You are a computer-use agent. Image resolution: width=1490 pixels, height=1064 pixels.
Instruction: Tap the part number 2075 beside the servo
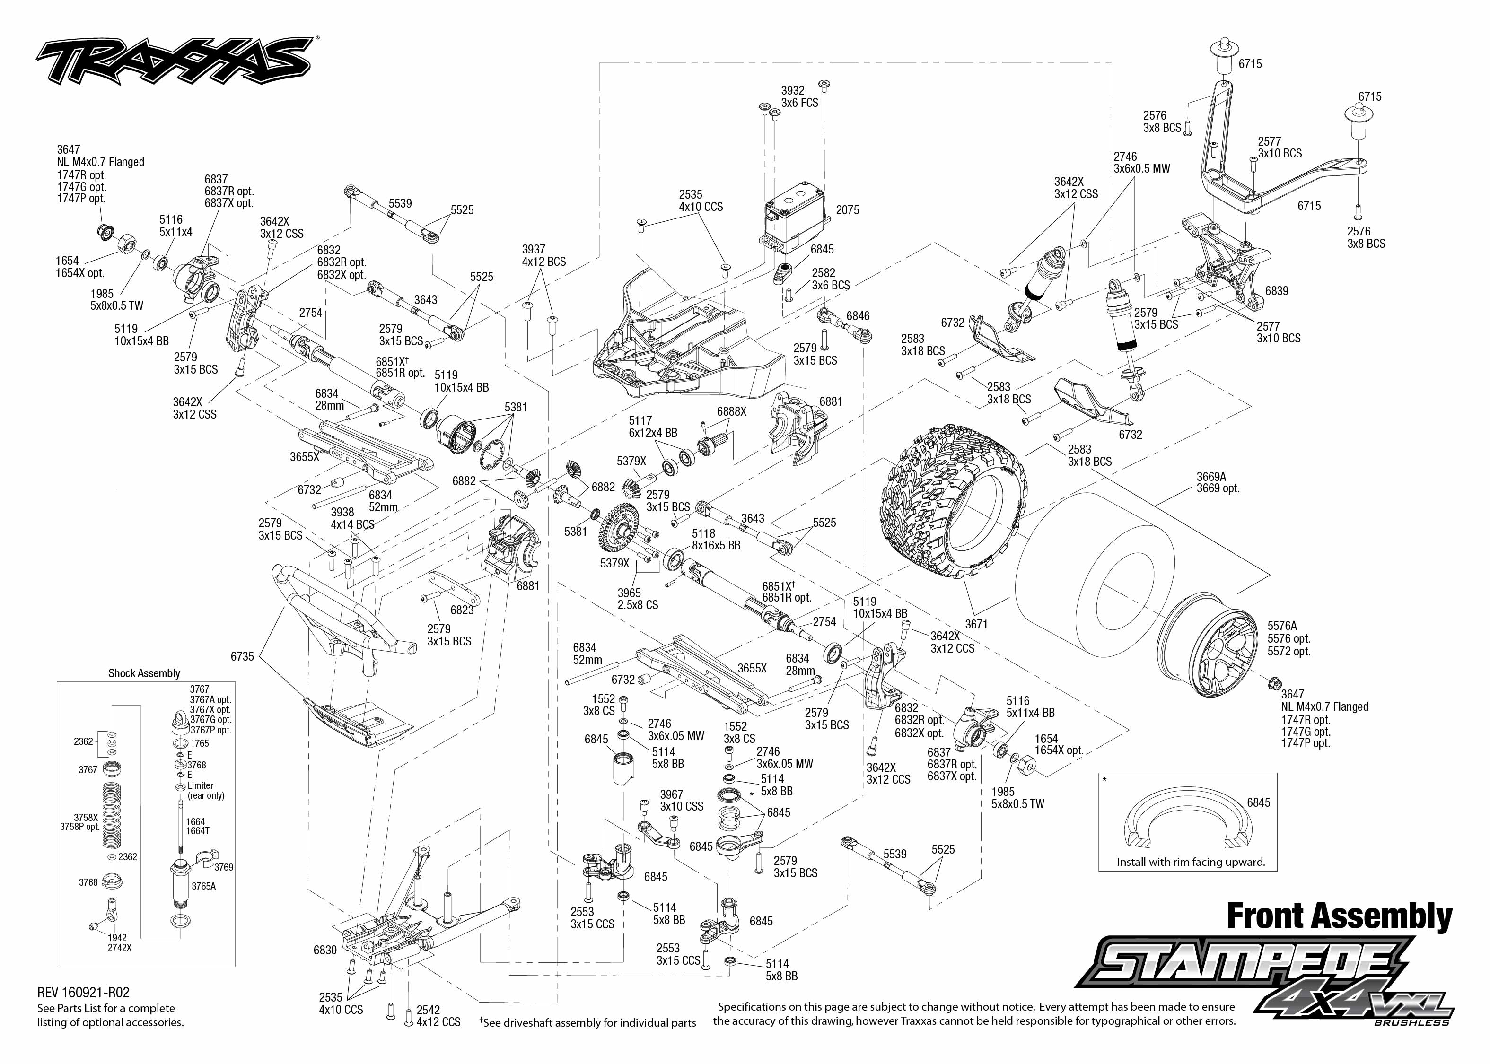[847, 210]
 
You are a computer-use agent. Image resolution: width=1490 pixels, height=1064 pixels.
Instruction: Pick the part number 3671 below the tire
[976, 624]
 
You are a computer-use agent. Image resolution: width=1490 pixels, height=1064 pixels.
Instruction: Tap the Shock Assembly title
[144, 673]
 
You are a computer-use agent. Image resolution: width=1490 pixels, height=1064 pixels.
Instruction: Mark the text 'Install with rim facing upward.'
[1191, 862]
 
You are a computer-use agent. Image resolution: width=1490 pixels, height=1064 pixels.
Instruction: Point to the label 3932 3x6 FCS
[799, 97]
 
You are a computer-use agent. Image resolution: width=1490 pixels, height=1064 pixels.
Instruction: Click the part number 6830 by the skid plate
[325, 950]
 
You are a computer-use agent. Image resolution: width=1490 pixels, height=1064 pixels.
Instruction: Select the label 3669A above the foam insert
[1211, 476]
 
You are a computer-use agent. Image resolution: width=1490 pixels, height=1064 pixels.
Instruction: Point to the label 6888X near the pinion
[731, 411]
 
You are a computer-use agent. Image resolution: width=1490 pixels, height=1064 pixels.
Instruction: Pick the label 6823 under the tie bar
[462, 610]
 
